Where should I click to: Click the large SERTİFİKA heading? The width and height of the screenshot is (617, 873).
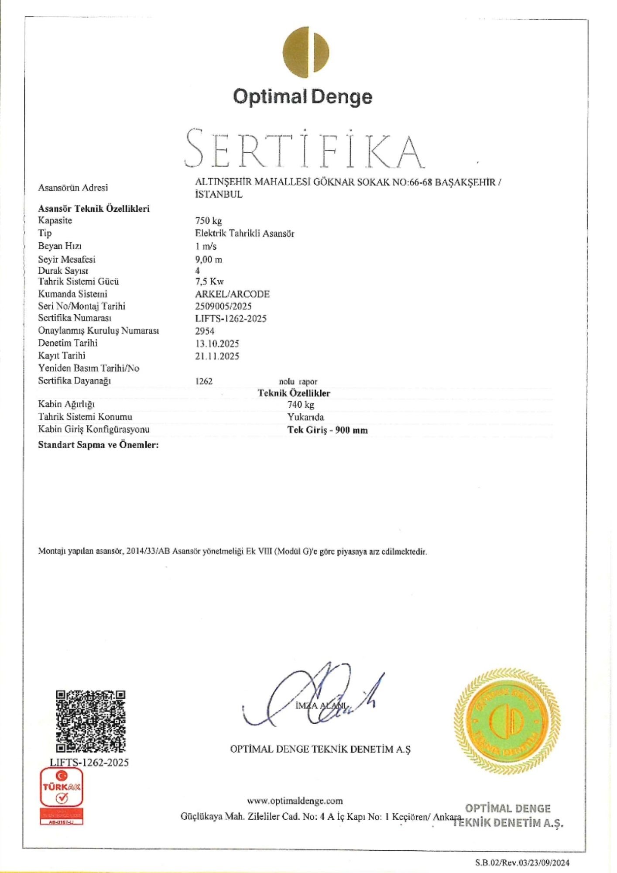point(304,148)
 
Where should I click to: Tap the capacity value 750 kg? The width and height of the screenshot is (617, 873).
point(208,220)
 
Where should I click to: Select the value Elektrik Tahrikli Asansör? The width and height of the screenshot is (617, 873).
point(244,234)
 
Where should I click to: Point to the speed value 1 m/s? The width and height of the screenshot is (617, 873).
point(206,246)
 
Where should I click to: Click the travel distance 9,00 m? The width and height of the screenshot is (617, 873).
point(208,259)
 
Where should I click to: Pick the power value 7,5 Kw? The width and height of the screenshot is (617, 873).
point(209,282)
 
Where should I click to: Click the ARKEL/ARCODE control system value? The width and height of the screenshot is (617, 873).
point(232,294)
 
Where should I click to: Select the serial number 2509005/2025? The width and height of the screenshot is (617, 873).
point(223,306)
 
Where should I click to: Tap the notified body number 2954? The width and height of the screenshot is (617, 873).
point(204,331)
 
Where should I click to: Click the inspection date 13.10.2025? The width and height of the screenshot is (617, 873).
point(217,344)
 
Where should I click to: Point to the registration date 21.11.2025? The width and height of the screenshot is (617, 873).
point(217,356)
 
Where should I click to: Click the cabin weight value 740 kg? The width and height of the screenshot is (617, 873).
point(301,405)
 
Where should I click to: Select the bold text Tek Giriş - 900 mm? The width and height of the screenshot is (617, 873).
point(327,430)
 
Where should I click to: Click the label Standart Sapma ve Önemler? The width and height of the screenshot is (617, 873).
point(98,445)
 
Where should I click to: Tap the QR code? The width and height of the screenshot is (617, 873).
point(91,721)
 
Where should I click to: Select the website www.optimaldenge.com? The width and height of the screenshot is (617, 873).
point(295,801)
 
